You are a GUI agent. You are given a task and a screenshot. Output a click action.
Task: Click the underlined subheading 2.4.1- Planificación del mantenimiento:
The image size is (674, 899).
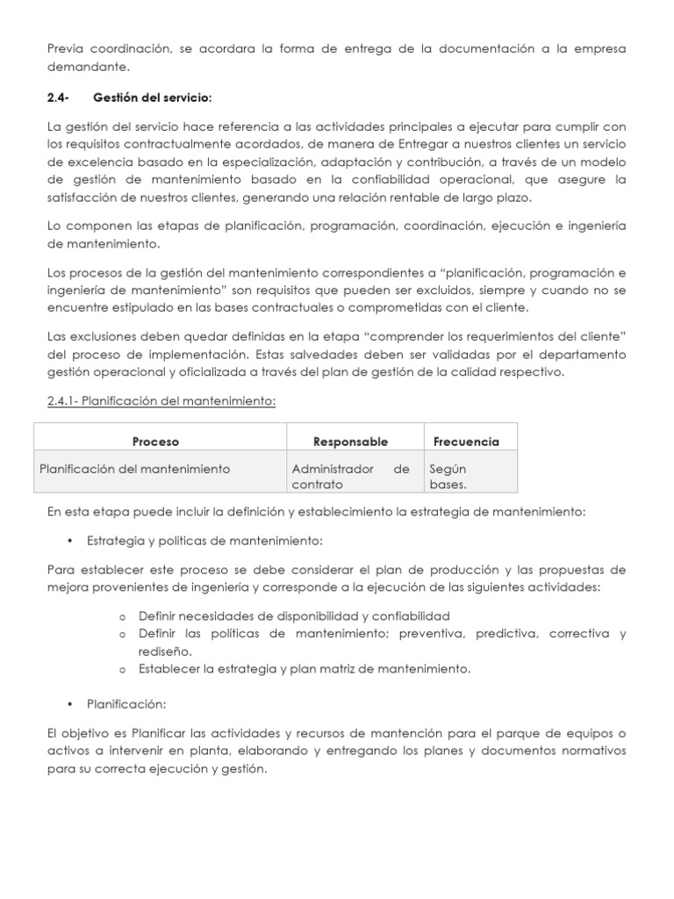(161, 401)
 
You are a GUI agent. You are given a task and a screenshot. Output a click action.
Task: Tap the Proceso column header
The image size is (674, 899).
(155, 442)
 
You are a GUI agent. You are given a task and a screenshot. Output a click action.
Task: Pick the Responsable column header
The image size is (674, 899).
(350, 442)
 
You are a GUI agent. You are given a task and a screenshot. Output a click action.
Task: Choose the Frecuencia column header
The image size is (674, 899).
(466, 442)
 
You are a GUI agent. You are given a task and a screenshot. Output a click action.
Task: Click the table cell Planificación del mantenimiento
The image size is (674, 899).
(135, 469)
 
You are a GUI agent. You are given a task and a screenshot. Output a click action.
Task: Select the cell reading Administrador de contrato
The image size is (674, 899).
(350, 476)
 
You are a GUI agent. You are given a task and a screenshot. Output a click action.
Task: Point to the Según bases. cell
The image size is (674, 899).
(448, 476)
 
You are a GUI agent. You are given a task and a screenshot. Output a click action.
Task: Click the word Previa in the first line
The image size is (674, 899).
(68, 49)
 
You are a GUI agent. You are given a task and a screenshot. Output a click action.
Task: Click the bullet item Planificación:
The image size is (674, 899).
(126, 704)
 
